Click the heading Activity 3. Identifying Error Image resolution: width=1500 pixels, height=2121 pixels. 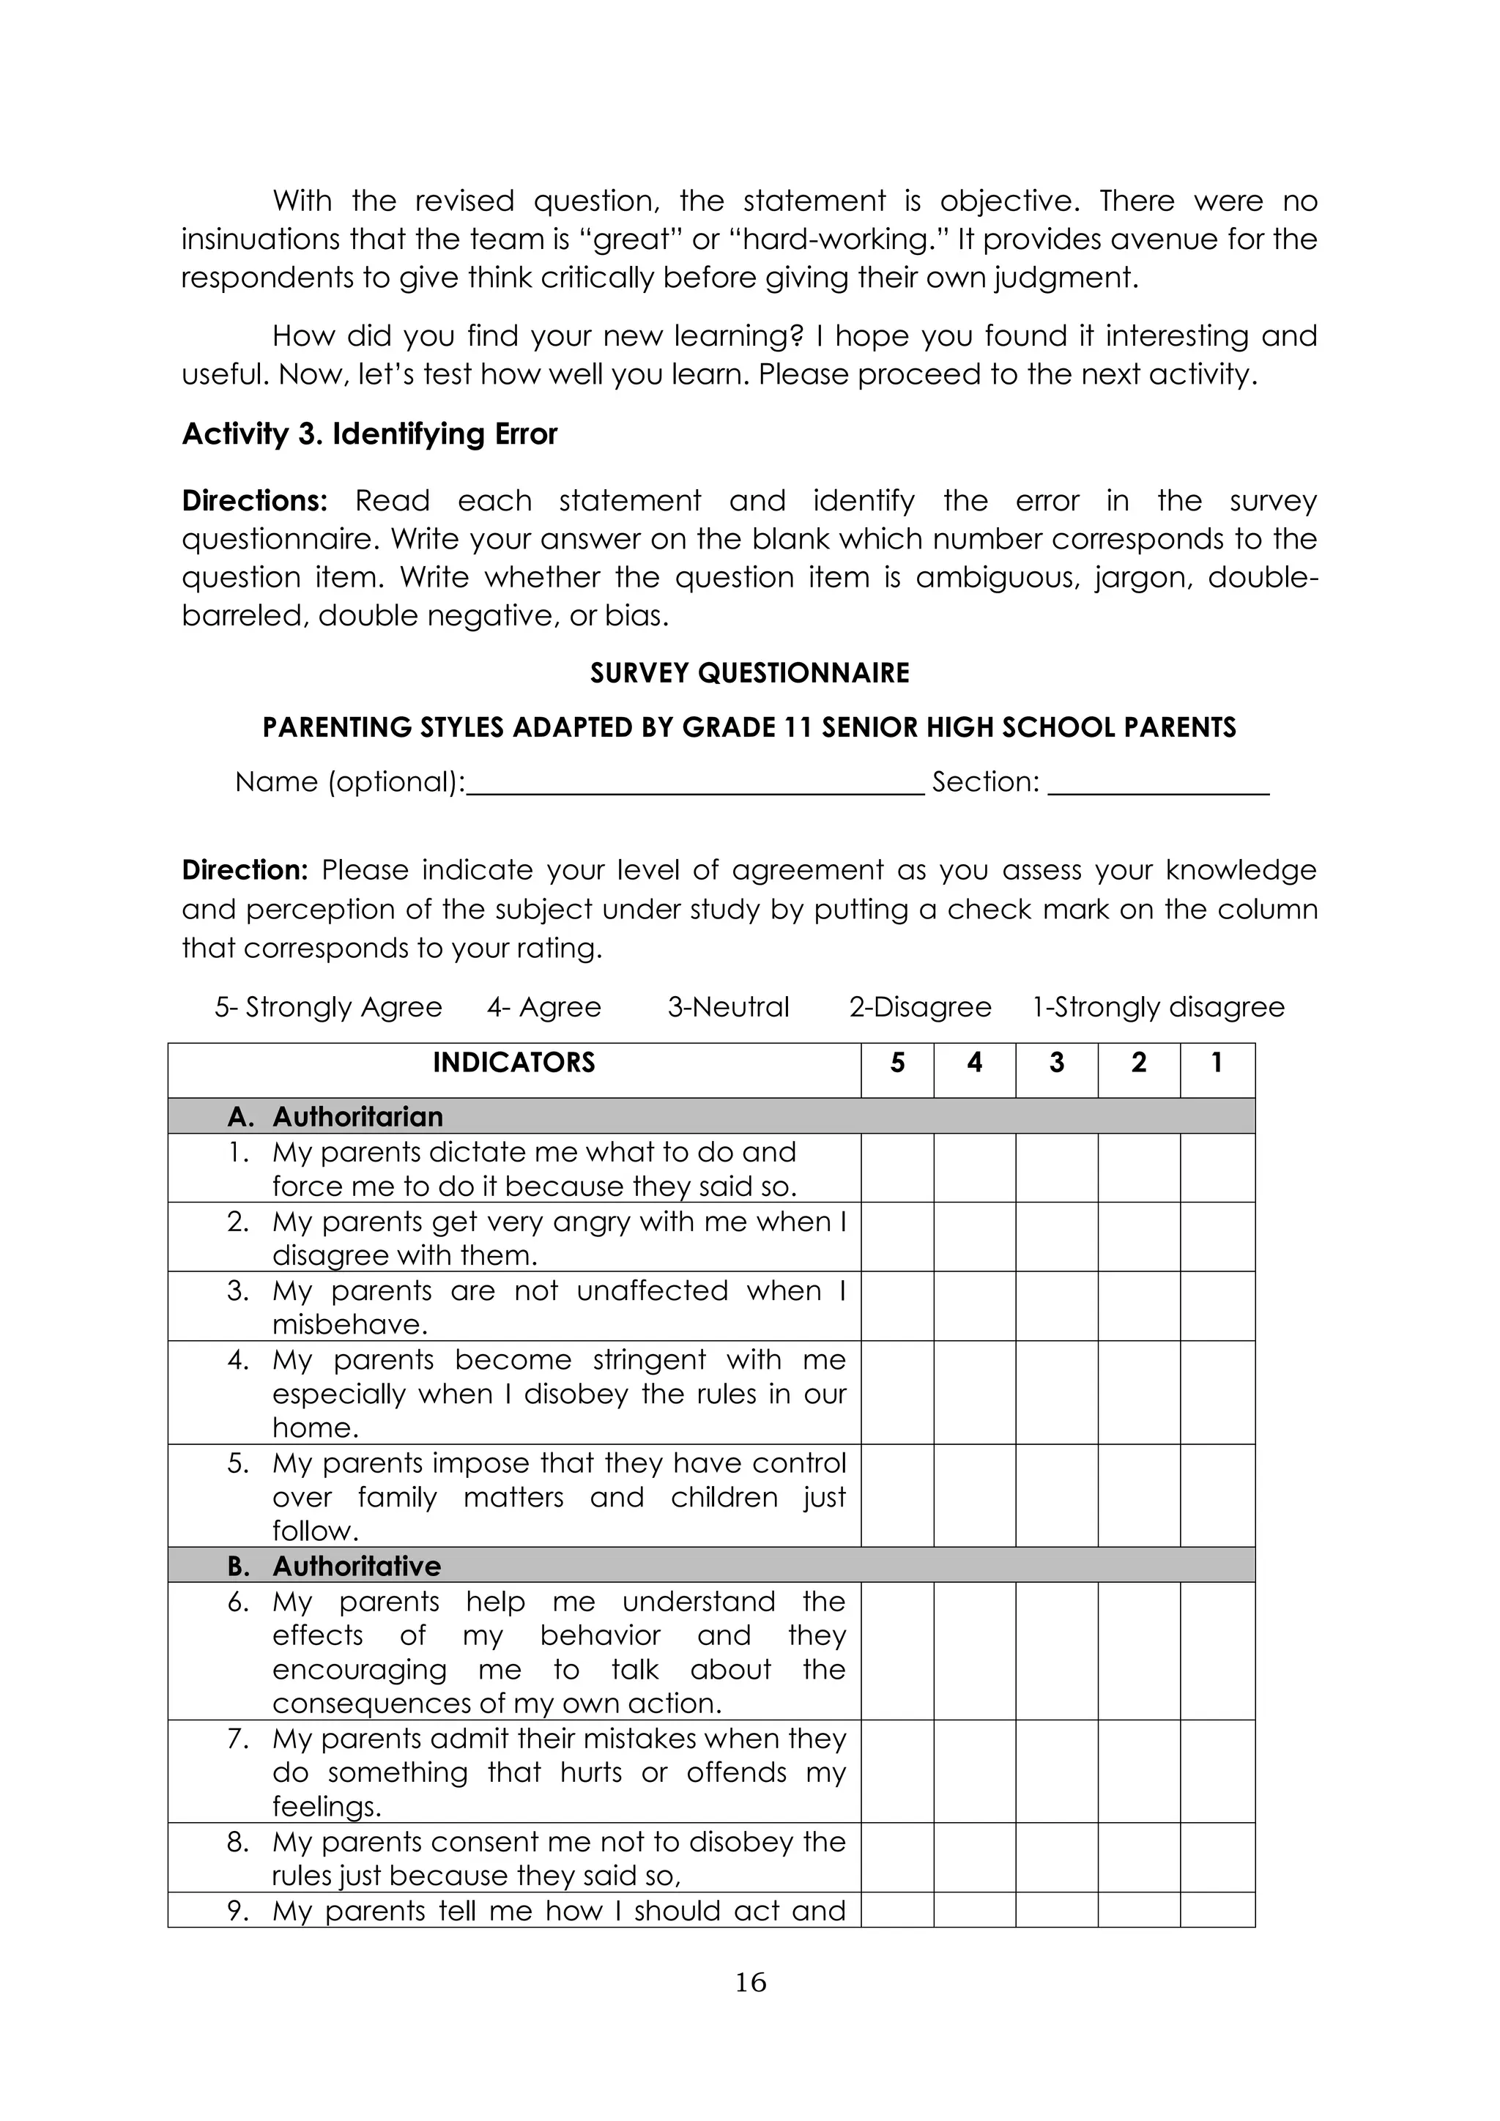point(369,434)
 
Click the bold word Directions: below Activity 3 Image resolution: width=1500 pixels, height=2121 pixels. point(255,501)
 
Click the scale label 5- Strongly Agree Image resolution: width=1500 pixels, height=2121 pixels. point(328,1007)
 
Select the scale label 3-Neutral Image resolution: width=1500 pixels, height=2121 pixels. point(728,1007)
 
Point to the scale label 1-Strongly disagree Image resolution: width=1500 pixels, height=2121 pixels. point(1158,1007)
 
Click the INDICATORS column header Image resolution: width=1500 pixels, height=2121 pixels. point(513,1063)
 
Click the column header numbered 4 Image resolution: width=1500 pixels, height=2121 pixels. point(973,1063)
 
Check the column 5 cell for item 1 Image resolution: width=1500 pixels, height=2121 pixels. point(897,1169)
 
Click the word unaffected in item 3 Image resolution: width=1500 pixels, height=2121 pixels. point(652,1290)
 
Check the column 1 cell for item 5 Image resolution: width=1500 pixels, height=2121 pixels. point(1217,1496)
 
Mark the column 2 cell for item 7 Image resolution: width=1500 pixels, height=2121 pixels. point(1138,1771)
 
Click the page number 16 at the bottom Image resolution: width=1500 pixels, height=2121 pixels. point(750,1983)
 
